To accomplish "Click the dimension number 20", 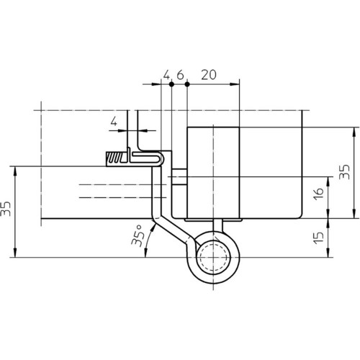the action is coord(209,75).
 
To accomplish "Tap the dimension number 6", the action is coord(180,75).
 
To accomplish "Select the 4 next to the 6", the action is coord(166,75).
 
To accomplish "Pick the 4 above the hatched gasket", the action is coord(114,122).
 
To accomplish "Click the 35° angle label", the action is coord(138,236).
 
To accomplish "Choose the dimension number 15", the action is coord(318,238).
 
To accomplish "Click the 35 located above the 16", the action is coord(344,172).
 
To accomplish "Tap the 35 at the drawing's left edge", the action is coord(5,209).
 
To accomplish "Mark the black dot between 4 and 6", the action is coord(171,84).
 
